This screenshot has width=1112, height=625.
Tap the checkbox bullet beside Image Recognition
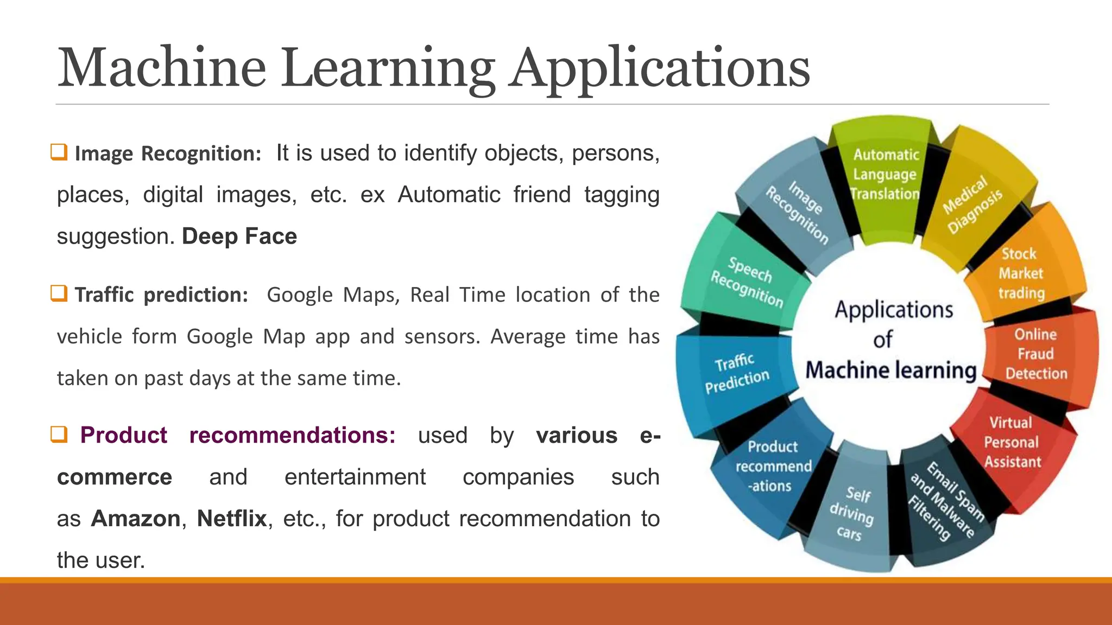coord(59,152)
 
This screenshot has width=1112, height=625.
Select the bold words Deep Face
coord(239,237)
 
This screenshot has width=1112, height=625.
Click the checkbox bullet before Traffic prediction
coord(59,294)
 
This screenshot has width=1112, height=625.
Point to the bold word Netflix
coord(232,519)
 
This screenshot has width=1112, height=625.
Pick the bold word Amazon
coord(136,519)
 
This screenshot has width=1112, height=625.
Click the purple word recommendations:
coord(292,435)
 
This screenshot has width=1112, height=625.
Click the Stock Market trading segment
coord(1021,273)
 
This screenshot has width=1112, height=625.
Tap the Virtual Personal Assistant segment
coord(1012,442)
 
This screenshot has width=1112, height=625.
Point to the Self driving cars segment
coord(852,513)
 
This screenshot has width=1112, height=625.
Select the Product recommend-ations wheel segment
coord(773,466)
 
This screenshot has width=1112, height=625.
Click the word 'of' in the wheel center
coord(883,340)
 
